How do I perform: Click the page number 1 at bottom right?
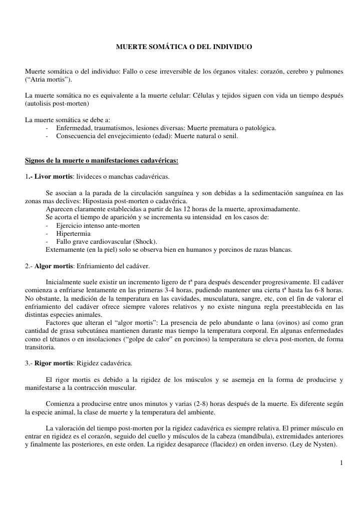click(x=341, y=463)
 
